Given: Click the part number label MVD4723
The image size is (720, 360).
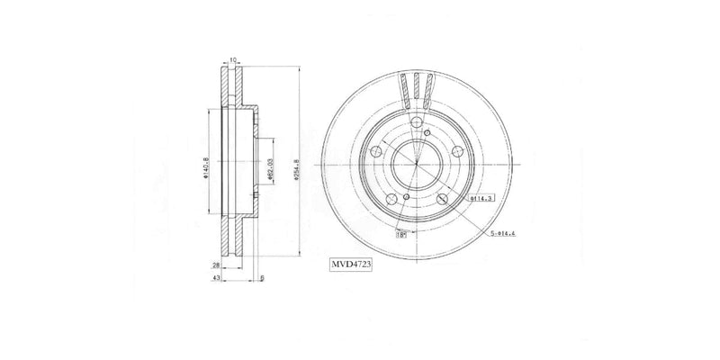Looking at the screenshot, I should point(348,265).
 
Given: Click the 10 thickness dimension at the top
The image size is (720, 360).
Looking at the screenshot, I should point(232,60).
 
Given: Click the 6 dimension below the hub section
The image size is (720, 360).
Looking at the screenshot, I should point(261,279).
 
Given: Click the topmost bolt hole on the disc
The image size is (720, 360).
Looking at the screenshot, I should point(418,127).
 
